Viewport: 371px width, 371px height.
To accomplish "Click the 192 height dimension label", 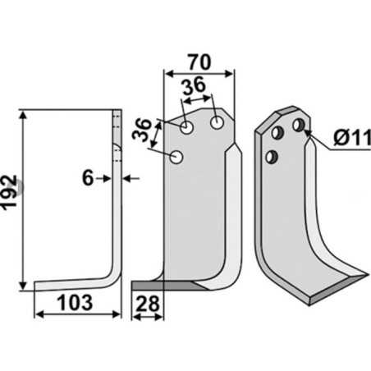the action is click(10, 193).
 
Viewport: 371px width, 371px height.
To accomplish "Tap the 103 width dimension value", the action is click(75, 303).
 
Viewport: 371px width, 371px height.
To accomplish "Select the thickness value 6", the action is click(88, 178).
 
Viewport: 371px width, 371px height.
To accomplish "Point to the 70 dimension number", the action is click(199, 62).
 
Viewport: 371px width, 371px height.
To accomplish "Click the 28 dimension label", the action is click(148, 304).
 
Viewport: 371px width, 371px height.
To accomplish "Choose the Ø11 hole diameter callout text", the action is click(352, 138).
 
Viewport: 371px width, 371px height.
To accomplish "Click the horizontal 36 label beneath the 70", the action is click(194, 85).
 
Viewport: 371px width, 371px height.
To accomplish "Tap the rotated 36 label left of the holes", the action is click(142, 129).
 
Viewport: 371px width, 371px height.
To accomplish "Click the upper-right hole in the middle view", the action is click(218, 122).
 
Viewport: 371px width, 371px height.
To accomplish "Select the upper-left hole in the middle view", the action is click(187, 127).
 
